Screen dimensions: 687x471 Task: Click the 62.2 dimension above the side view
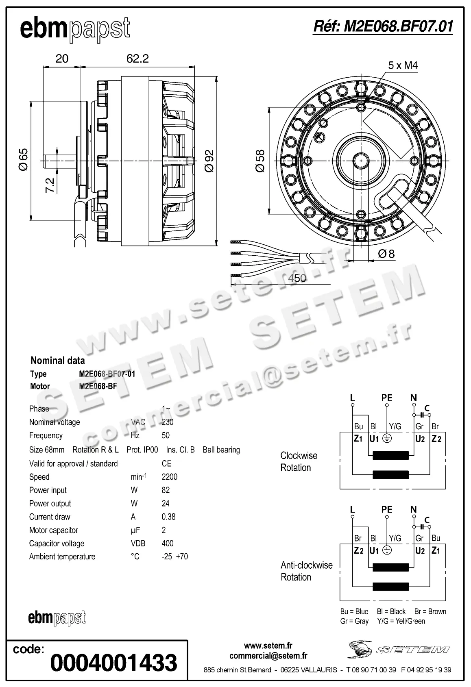click(x=137, y=59)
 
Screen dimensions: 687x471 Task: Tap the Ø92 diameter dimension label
click(x=209, y=161)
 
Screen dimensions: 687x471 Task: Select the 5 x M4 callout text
click(x=403, y=65)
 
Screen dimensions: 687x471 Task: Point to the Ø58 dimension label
click(x=260, y=161)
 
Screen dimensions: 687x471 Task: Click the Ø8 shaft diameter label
click(x=386, y=254)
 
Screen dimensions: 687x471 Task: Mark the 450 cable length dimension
click(x=297, y=278)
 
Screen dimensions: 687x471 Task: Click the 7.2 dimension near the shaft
click(x=50, y=185)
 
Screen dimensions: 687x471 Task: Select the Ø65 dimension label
click(x=24, y=160)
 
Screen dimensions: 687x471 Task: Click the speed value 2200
click(x=170, y=477)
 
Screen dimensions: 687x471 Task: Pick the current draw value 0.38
click(x=168, y=517)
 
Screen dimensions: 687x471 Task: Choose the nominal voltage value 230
click(x=168, y=422)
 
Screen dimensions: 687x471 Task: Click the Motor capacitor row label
click(x=54, y=530)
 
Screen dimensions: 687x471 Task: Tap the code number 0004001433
click(x=114, y=662)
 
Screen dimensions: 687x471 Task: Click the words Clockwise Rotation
click(x=299, y=461)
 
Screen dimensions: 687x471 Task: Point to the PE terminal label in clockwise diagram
click(x=387, y=398)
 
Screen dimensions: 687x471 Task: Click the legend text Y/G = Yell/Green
click(x=401, y=621)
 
